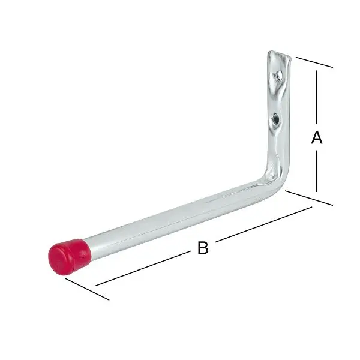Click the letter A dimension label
317,138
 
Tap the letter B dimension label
203,247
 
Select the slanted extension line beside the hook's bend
308,198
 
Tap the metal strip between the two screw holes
276,97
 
